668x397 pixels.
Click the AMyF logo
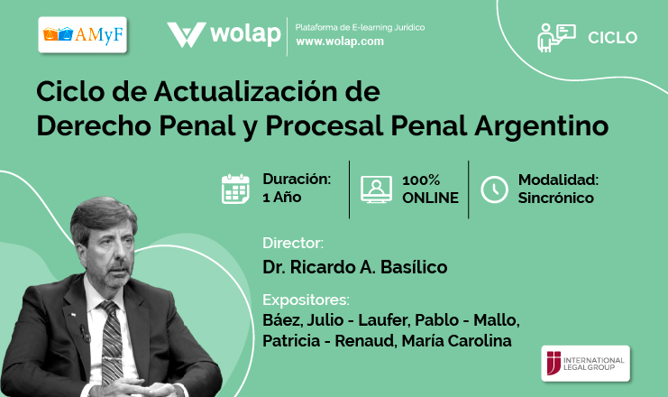tap(83, 35)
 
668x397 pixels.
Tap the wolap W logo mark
tap(187, 34)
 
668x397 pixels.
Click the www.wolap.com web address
tap(340, 42)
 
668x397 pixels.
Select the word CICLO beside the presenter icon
tap(612, 38)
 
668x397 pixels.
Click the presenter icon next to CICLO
tap(556, 38)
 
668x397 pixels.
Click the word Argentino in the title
tap(541, 125)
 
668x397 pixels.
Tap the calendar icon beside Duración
tap(235, 189)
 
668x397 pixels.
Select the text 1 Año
tap(281, 198)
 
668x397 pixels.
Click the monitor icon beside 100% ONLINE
tap(376, 189)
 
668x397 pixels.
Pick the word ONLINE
tap(430, 198)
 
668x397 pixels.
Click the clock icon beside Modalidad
tap(494, 189)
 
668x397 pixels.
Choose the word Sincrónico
tap(555, 198)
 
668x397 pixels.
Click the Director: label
tap(293, 243)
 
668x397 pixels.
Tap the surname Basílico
tap(414, 267)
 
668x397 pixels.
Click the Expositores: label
tap(306, 300)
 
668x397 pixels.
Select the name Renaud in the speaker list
tap(364, 341)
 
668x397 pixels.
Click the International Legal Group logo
tap(585, 364)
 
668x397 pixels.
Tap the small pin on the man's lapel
tap(72, 315)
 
